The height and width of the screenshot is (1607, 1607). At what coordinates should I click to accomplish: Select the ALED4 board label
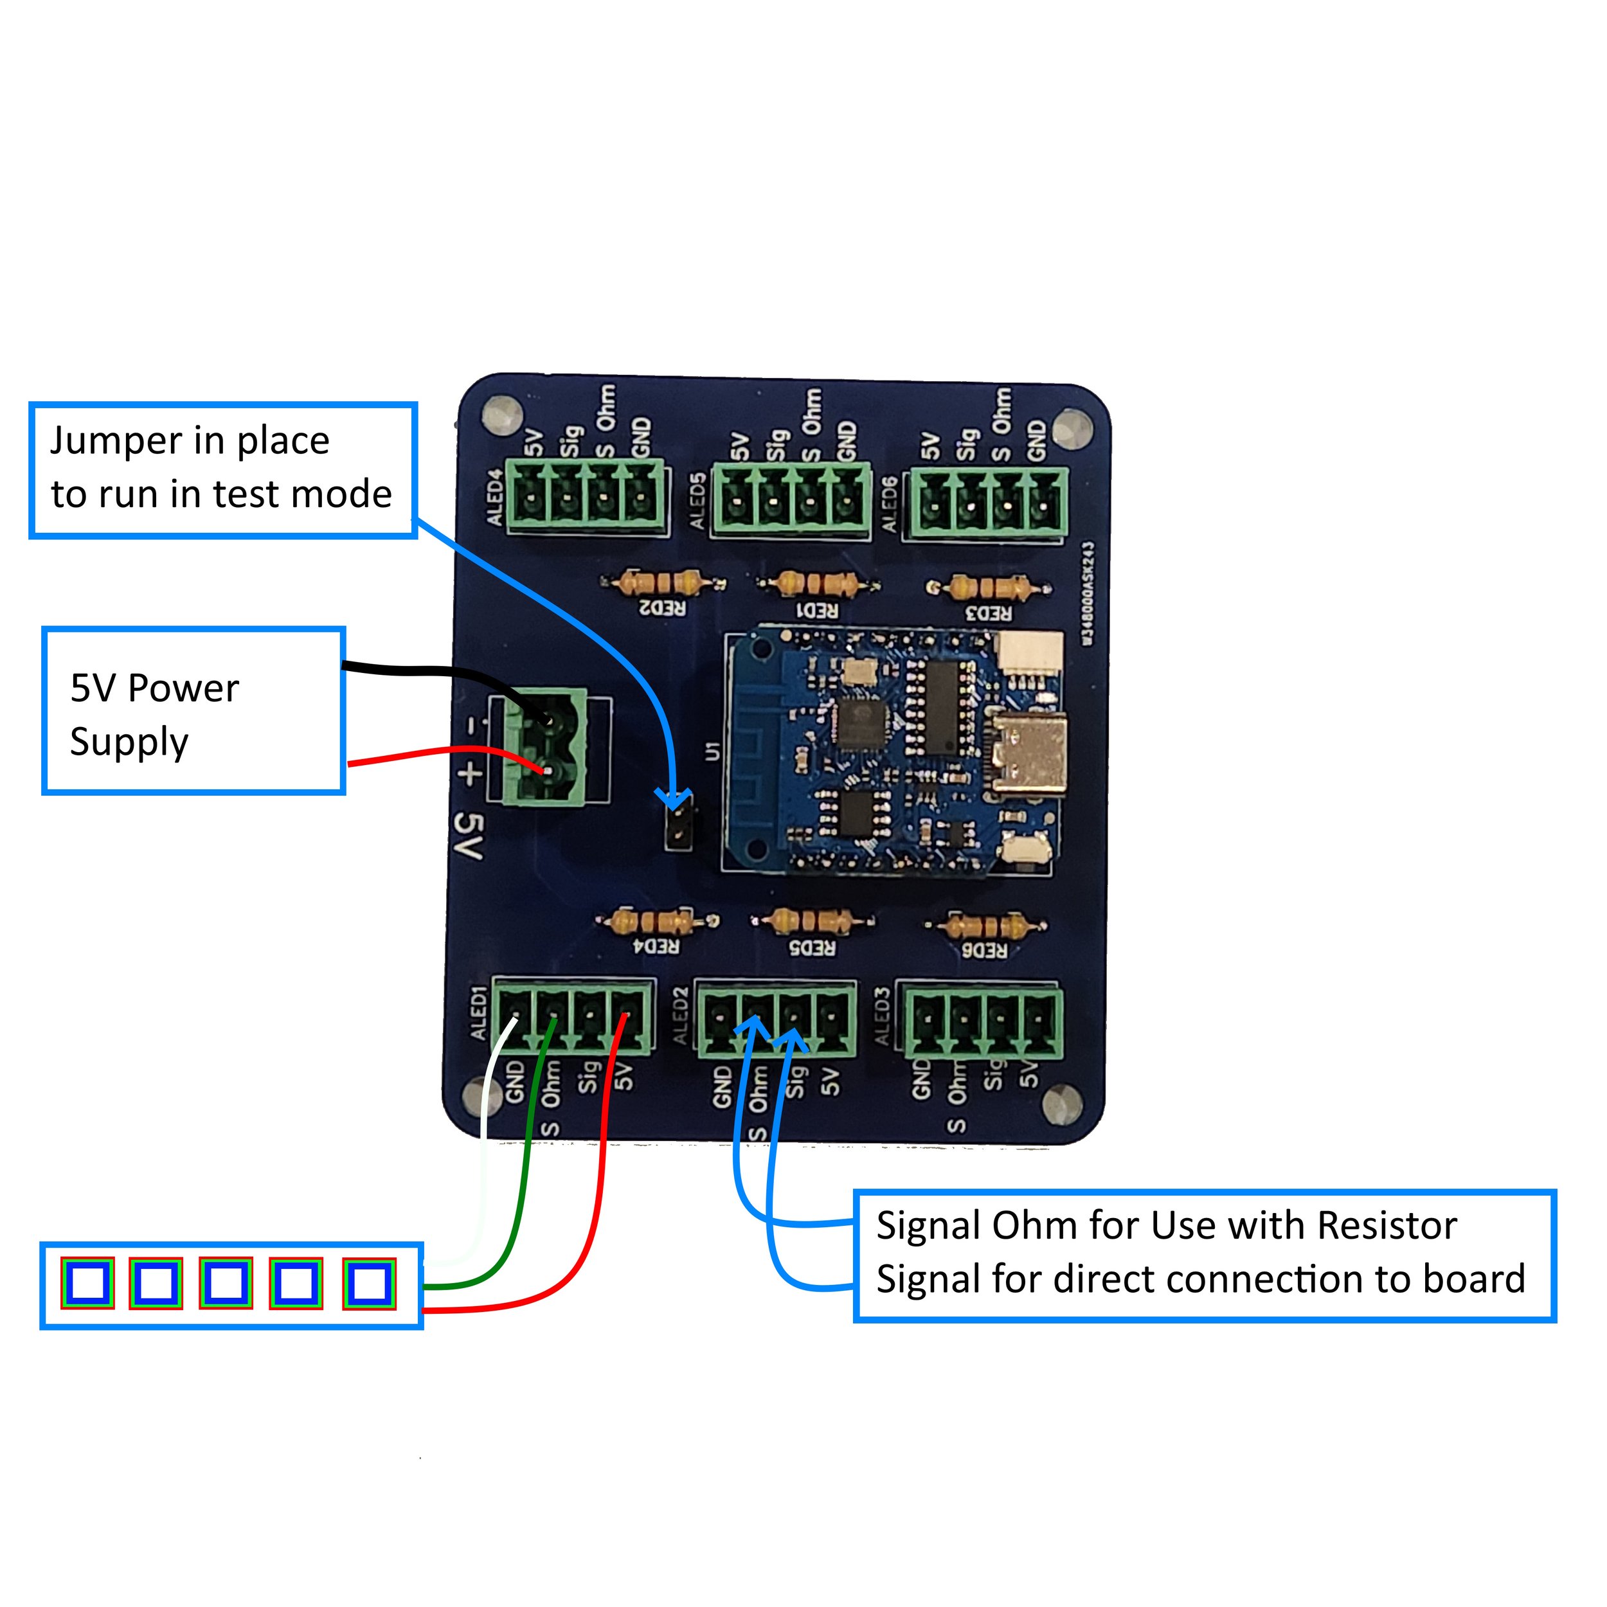coord(494,498)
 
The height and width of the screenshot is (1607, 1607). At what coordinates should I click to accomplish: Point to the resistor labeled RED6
coord(987,925)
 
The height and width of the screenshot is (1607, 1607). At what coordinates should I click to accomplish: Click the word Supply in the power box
coord(129,742)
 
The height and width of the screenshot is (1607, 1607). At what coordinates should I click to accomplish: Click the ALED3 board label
coord(883,1018)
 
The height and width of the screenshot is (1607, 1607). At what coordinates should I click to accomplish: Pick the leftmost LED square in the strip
coord(87,1284)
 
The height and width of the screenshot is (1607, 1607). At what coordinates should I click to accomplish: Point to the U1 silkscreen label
coord(710,750)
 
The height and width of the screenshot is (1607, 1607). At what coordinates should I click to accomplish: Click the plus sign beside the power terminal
coord(470,773)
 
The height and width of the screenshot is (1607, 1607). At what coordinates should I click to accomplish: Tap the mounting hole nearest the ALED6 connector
coord(1072,429)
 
